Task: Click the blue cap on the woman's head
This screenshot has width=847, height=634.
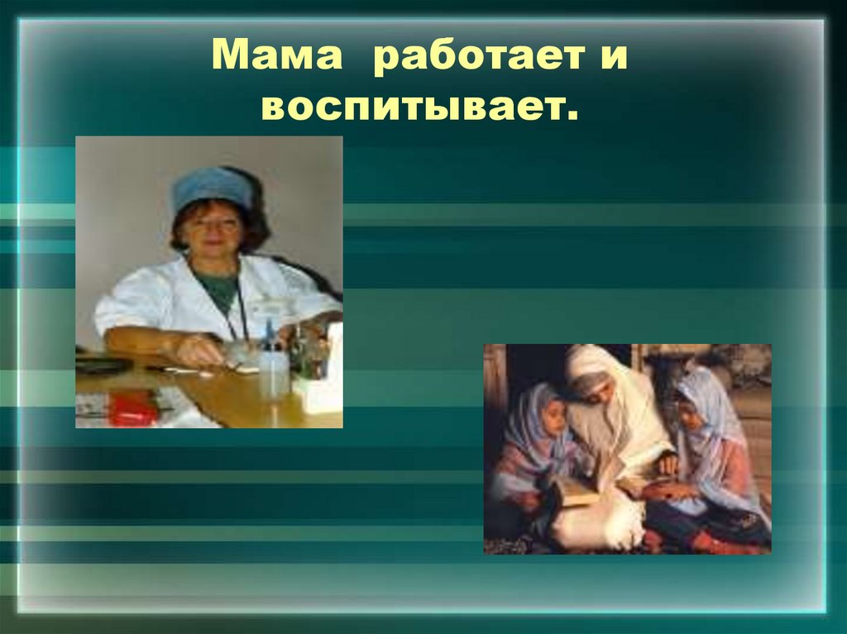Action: tap(212, 187)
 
